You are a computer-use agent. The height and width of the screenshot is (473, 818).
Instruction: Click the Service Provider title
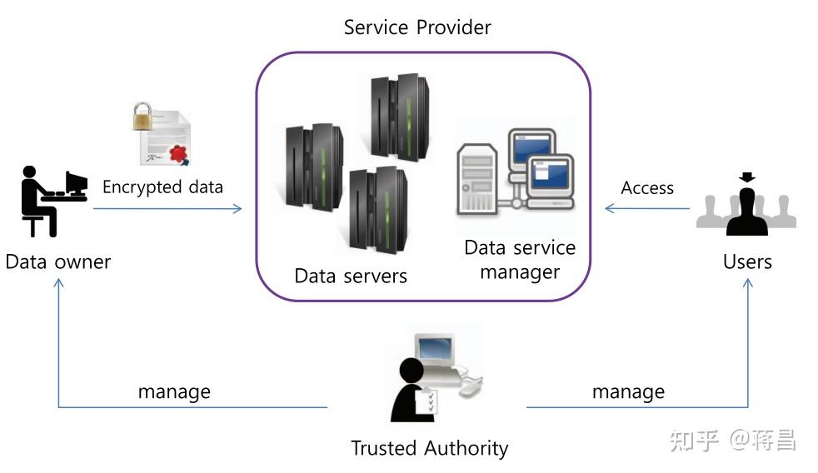pos(417,27)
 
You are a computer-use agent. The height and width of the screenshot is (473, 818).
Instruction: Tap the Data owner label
pos(57,261)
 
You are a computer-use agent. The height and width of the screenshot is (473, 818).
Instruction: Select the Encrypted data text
pos(162,187)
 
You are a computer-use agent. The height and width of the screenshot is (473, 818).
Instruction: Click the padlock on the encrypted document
pos(143,117)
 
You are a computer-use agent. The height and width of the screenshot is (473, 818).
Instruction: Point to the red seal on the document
pos(177,152)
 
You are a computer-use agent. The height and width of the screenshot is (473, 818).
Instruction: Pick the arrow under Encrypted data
pos(167,208)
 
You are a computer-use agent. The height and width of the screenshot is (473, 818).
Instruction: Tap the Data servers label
pos(351,276)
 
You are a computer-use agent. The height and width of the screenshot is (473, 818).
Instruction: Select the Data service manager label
pos(520,260)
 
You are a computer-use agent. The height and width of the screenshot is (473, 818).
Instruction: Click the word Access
pos(647,188)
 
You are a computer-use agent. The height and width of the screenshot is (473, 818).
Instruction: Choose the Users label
pos(747,261)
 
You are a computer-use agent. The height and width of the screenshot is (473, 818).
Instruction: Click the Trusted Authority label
pos(429,448)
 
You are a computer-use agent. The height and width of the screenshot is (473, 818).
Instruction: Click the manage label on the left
pos(174,391)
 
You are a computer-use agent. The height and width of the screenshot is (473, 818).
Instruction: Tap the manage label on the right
pos(628,391)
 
